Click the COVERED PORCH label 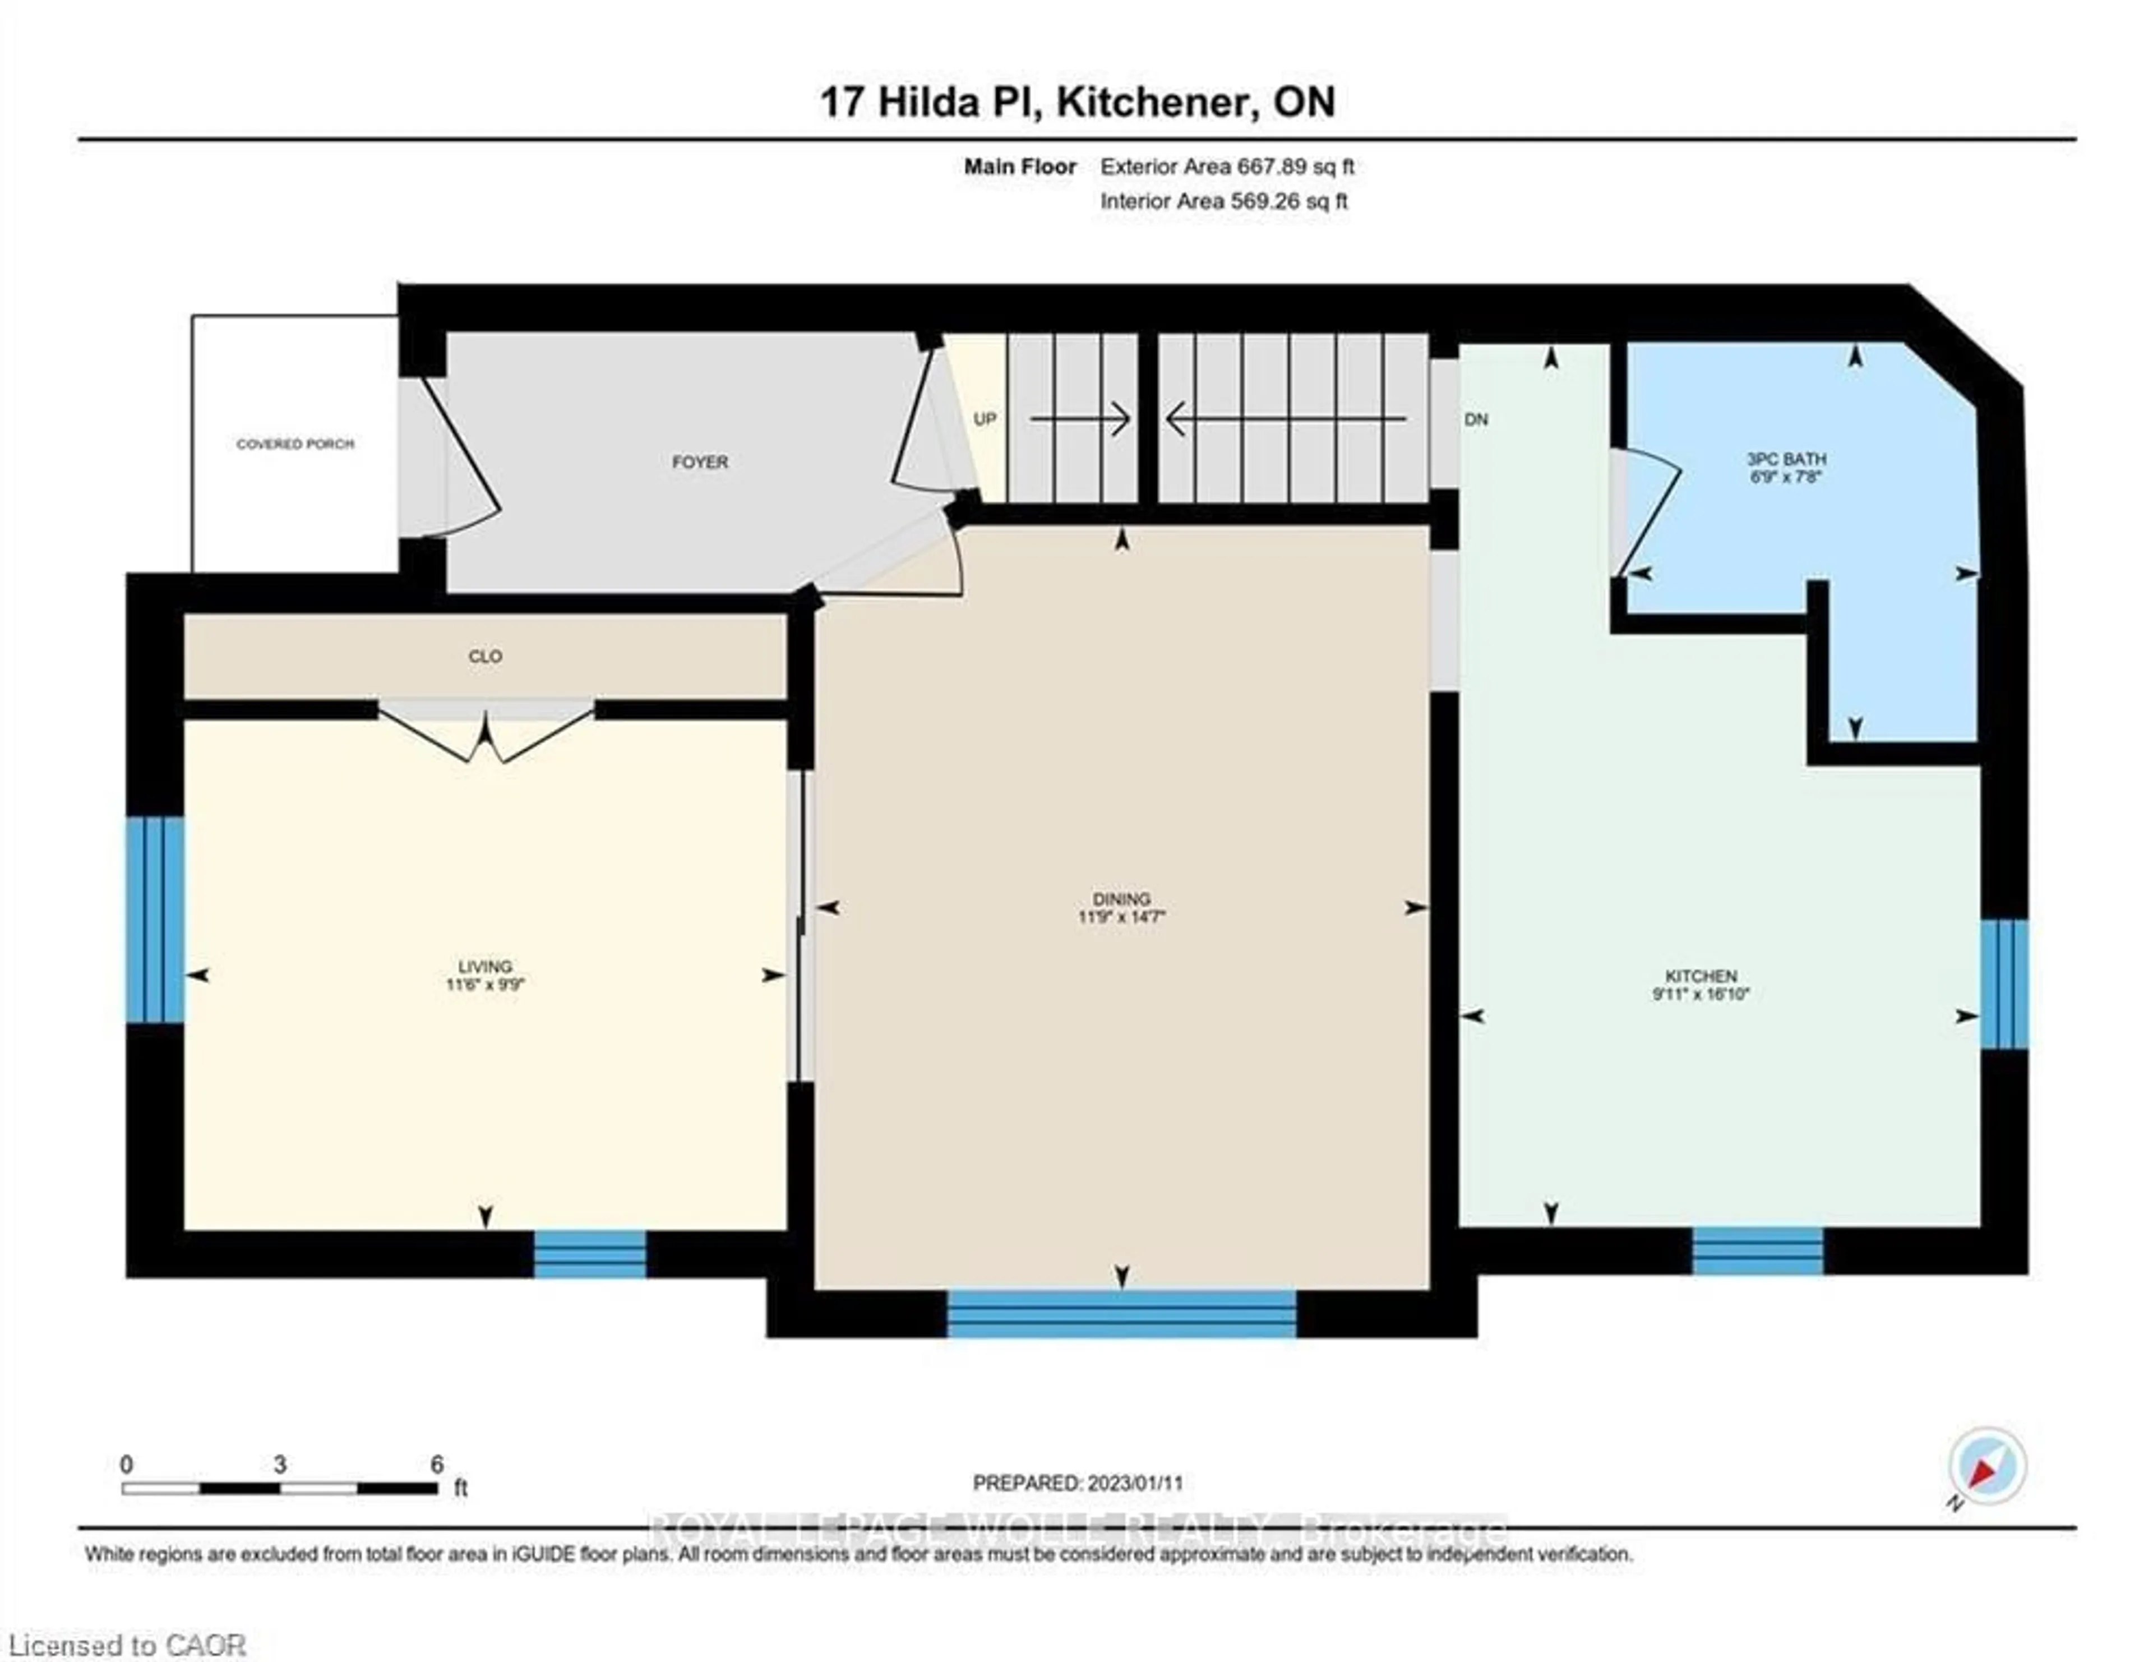[x=295, y=445]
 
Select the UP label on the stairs [x=985, y=419]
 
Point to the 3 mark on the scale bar [x=280, y=1465]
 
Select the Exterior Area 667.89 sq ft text [x=1227, y=167]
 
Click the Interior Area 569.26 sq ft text [x=1223, y=201]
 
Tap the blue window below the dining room [x=1122, y=1314]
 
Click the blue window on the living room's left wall [x=155, y=920]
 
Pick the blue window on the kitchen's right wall [x=2004, y=984]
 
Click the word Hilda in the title [x=930, y=101]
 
